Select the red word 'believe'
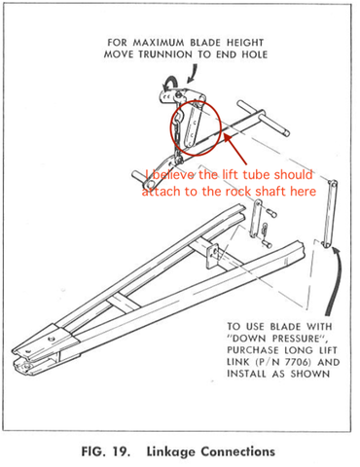[175, 175]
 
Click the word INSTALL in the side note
[254, 373]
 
